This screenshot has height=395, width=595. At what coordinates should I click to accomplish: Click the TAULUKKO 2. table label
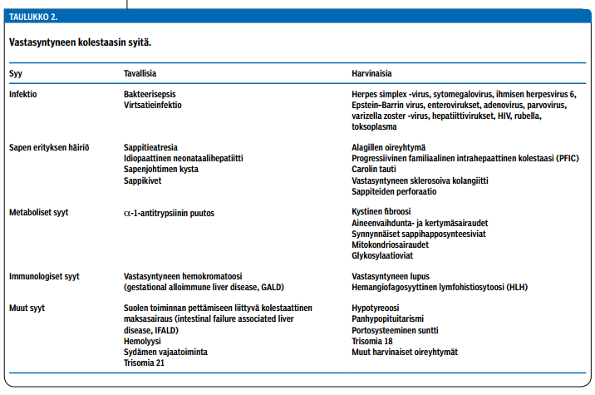point(33,16)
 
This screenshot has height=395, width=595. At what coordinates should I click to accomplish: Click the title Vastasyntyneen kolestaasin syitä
point(80,41)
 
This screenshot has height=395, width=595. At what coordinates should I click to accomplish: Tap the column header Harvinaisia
point(374,74)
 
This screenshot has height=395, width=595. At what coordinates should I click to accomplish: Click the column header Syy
point(16,74)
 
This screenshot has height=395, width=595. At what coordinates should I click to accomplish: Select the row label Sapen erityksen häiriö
point(48,147)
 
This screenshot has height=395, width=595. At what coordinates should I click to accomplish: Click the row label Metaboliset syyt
point(38,213)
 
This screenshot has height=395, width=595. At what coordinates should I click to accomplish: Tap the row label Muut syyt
point(27,309)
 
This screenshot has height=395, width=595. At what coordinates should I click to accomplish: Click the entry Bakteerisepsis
point(150,95)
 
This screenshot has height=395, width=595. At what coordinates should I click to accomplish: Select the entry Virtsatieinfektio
point(153,106)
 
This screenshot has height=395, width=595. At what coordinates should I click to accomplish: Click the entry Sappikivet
point(143,180)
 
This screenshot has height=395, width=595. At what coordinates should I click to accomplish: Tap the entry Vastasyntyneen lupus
point(394,276)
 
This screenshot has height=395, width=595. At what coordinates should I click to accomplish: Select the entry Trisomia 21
point(144,363)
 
